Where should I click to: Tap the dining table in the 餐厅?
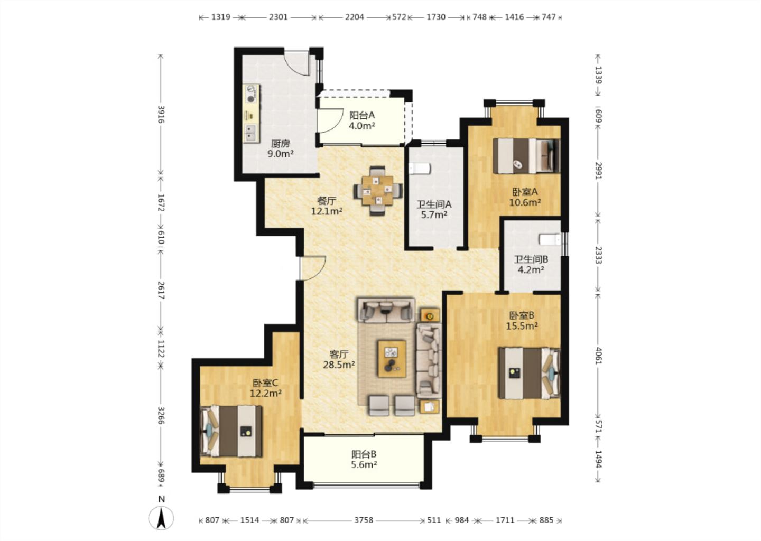[378, 191]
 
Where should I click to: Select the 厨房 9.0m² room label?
[280, 149]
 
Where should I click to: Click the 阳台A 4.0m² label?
[362, 120]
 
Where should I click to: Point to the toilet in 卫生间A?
[420, 169]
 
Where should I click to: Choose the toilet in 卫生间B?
[550, 239]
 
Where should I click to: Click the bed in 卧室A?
[526, 156]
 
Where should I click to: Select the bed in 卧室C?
[231, 431]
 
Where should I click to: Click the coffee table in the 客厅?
[392, 359]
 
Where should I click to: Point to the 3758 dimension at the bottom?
[364, 520]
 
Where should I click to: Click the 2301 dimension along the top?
[278, 17]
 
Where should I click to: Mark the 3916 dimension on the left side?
[161, 115]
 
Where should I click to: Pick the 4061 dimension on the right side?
[599, 356]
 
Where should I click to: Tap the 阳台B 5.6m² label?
[364, 460]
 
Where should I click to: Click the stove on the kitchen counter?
[251, 94]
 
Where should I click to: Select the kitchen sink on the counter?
[250, 133]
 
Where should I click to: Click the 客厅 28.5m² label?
[339, 360]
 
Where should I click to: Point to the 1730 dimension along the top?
[436, 17]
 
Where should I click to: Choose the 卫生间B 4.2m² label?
[531, 265]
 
